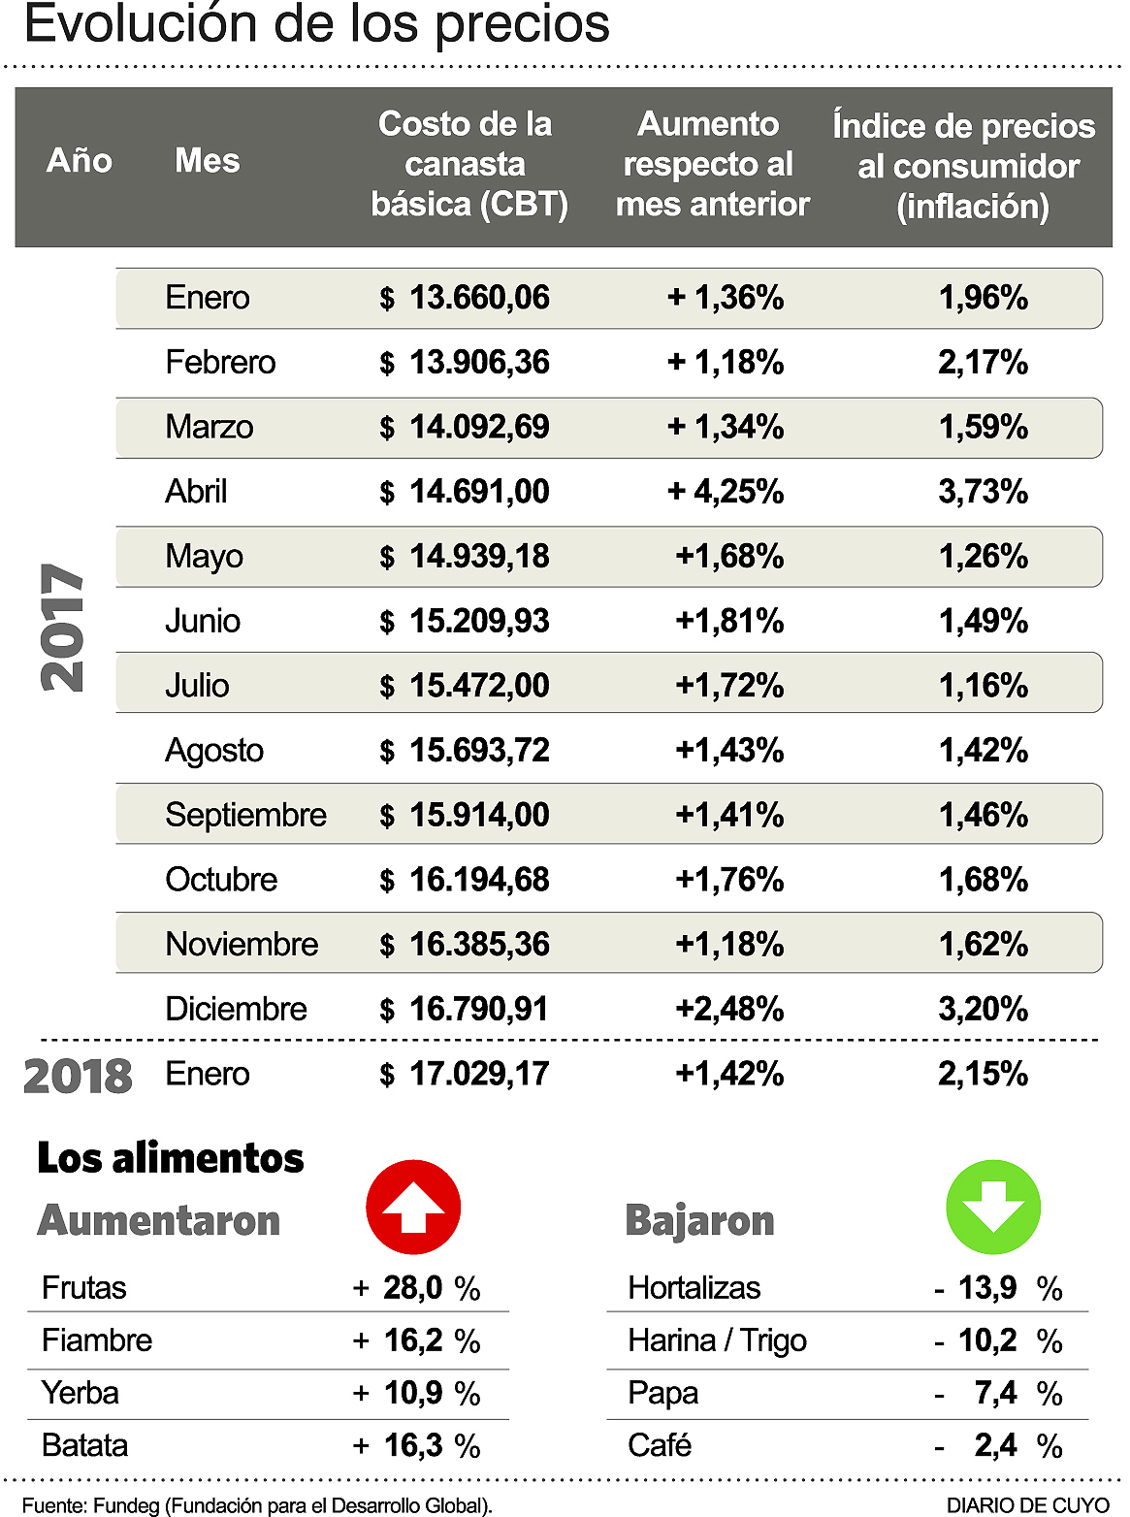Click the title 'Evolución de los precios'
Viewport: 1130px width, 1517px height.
pos(317,25)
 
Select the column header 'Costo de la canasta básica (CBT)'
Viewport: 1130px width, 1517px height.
pos(467,164)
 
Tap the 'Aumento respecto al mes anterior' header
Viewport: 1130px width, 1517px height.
pos(711,164)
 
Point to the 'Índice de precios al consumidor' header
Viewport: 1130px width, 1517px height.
pos(966,166)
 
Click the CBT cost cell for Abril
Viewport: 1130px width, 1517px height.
pos(465,492)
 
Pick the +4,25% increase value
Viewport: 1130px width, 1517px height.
pos(726,492)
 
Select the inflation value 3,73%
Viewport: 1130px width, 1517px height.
pos(983,492)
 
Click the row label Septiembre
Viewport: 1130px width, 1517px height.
pos(245,815)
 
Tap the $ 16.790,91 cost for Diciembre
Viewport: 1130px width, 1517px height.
pos(465,1009)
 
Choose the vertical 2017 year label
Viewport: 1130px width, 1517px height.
pos(63,628)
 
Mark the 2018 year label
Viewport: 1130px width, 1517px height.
pos(78,1076)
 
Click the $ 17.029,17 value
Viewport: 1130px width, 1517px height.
pos(465,1074)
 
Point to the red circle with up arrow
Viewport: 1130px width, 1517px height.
pos(413,1208)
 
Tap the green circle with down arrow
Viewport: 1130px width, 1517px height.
pos(993,1207)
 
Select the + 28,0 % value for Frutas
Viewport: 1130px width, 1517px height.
pos(417,1288)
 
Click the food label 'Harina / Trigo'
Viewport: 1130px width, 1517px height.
pos(717,1340)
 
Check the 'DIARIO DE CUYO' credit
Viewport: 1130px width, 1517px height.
pos(1027,1504)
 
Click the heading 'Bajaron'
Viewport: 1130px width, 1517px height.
pos(699,1220)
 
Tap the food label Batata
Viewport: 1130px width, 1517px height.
pos(85,1445)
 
